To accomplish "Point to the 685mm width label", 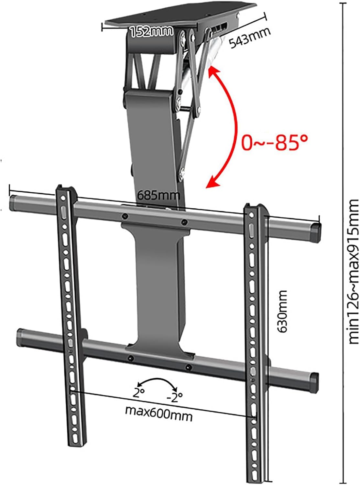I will pos(159,195).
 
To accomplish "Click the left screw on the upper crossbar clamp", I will pos(124,216).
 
